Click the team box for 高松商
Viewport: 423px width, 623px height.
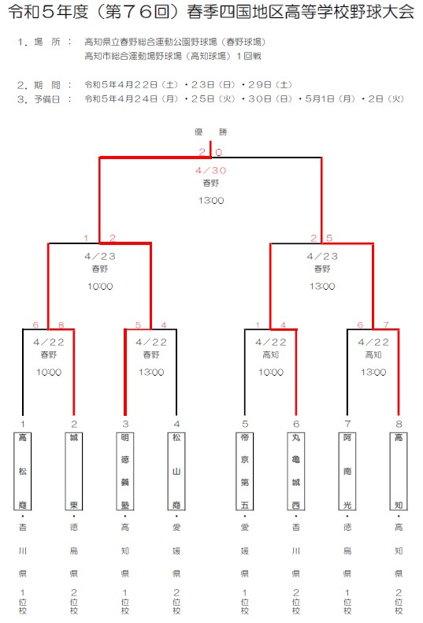[x=23, y=471]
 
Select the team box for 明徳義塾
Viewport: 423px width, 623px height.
[x=125, y=471]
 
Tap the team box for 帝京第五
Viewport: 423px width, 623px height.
[x=245, y=471]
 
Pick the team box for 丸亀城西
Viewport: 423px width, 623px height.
[x=296, y=471]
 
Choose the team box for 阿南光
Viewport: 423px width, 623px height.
[x=347, y=471]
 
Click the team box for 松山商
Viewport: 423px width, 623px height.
[x=176, y=471]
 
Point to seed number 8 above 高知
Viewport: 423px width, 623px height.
[x=399, y=424]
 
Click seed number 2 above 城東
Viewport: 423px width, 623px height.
[x=74, y=424]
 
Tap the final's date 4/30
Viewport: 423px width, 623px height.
[x=210, y=170]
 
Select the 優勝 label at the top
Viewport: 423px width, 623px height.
[x=210, y=132]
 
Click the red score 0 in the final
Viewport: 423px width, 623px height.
[x=219, y=152]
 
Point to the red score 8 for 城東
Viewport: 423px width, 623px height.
[x=61, y=325]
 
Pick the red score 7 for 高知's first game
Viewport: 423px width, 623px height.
[x=386, y=325]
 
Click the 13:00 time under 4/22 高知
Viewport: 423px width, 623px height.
[x=373, y=373]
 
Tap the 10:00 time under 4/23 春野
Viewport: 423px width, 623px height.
[x=100, y=287]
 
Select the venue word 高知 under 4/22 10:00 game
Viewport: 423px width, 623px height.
[x=271, y=354]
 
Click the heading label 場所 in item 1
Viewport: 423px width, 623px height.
[x=47, y=42]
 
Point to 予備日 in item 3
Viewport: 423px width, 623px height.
[x=47, y=99]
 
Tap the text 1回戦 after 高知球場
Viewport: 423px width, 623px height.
[x=249, y=56]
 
